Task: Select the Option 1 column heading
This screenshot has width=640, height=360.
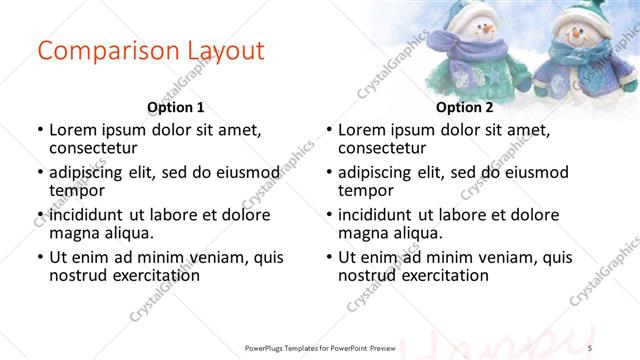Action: (x=175, y=107)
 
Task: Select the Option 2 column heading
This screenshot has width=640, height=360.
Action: (x=464, y=107)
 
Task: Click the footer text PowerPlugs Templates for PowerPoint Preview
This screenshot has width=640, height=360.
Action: (x=320, y=346)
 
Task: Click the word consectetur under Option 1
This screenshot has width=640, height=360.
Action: (x=97, y=148)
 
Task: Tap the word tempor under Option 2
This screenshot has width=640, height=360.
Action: (x=366, y=191)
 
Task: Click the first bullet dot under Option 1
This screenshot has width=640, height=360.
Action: (x=39, y=130)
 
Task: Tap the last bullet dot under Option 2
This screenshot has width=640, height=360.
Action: (x=329, y=257)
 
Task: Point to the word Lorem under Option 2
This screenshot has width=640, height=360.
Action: (x=362, y=130)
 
